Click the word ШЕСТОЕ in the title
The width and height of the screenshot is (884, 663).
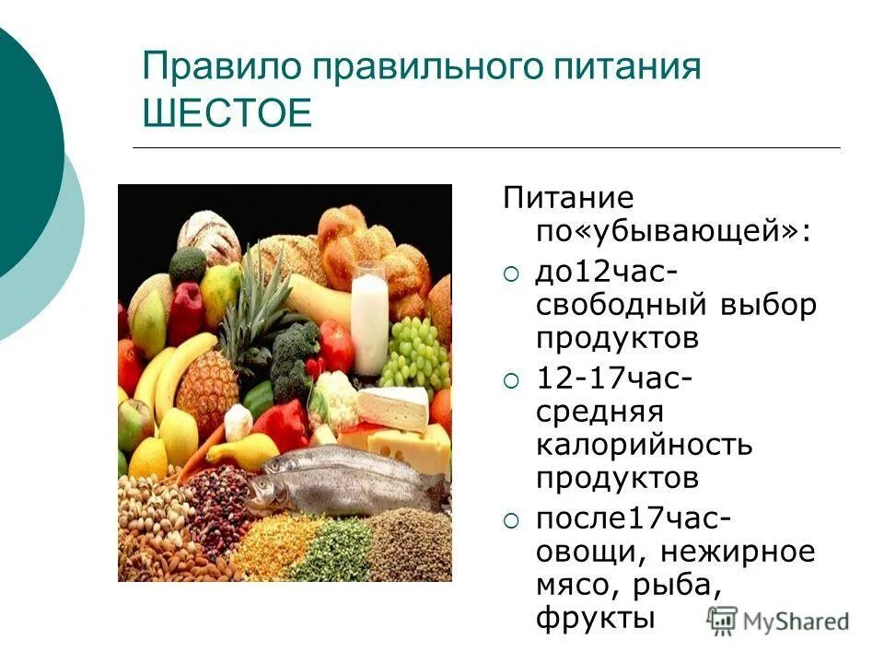pos(228,114)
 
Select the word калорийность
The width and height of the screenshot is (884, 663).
pos(645,445)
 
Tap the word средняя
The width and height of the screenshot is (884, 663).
pos(599,413)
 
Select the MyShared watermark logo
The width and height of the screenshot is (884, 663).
pos(779,620)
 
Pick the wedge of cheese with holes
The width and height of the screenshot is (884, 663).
pos(410,447)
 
